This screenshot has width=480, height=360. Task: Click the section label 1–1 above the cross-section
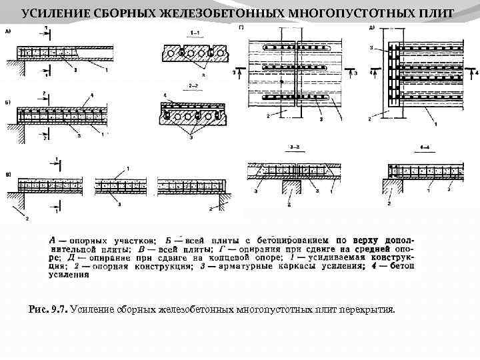pyautogui.click(x=197, y=33)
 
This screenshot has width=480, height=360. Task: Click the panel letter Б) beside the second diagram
pyautogui.click(x=8, y=103)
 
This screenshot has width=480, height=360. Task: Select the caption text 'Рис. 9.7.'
pyautogui.click(x=49, y=309)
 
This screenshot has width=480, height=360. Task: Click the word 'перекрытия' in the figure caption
pyautogui.click(x=367, y=309)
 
